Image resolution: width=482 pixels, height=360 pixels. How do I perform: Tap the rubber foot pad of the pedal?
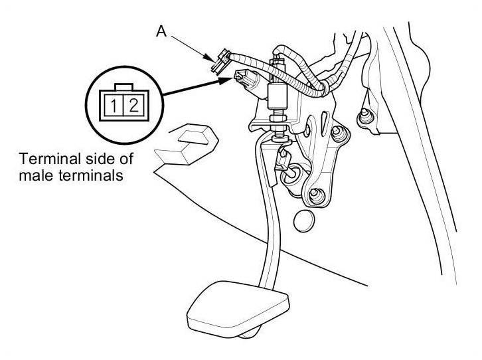click(x=240, y=307)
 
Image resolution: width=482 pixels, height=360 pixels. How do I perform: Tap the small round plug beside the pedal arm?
click(x=303, y=220)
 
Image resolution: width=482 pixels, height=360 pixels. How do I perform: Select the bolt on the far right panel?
click(x=364, y=120)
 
